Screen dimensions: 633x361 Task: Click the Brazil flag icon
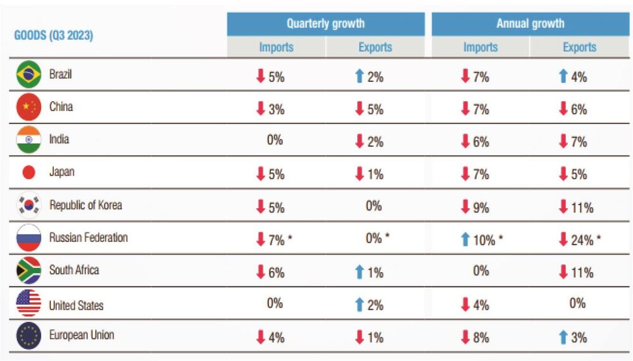click(x=28, y=74)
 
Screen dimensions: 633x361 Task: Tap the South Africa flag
click(x=28, y=270)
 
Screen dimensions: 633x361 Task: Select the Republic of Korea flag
click(x=28, y=205)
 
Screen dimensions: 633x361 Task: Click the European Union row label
click(x=82, y=335)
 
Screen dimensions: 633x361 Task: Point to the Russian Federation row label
click(x=89, y=237)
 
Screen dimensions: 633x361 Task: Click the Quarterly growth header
click(x=326, y=24)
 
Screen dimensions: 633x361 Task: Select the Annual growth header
click(x=530, y=24)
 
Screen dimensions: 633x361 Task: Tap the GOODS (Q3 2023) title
click(x=54, y=35)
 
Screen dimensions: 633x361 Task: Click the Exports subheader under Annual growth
click(x=579, y=47)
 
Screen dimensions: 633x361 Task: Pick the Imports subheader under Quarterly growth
click(x=276, y=47)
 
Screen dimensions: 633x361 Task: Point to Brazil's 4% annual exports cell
click(x=573, y=77)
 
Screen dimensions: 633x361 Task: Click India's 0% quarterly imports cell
click(x=275, y=140)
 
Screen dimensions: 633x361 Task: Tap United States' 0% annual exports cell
click(x=577, y=303)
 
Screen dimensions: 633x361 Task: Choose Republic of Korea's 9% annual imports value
click(x=481, y=208)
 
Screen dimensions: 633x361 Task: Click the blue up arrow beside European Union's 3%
click(x=563, y=337)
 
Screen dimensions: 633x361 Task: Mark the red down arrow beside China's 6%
click(x=563, y=109)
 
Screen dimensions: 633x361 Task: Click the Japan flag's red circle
click(x=28, y=172)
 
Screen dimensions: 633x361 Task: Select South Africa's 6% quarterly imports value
click(x=277, y=273)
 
